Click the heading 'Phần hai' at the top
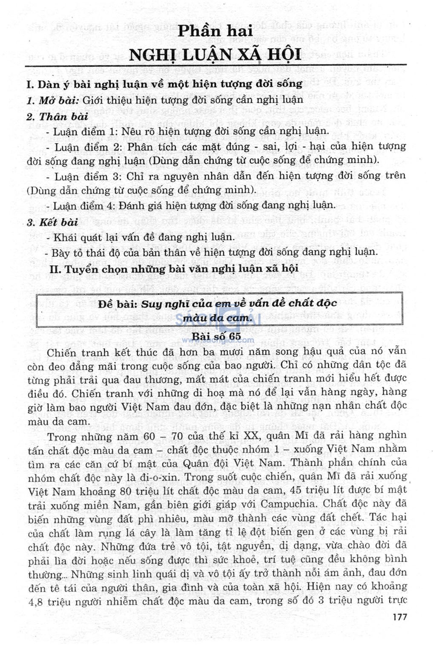point(215,31)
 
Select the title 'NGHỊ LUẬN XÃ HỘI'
point(215,55)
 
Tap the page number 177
point(400,617)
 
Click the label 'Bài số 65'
point(216,337)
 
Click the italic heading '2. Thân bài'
point(57,116)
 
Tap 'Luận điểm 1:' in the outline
point(85,131)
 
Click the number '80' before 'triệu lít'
point(126,491)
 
